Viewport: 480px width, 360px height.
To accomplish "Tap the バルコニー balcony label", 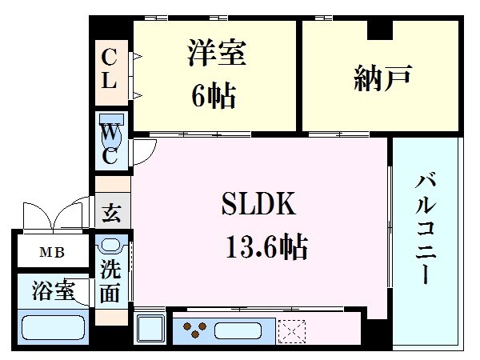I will pos(426,228).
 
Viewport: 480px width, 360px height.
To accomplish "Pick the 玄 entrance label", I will pos(112,214).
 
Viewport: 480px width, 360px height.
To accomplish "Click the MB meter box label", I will pos(53,254).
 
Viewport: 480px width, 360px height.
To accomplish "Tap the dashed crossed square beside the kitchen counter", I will pos(291,329).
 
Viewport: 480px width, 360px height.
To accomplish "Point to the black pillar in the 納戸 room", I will pos(380,30).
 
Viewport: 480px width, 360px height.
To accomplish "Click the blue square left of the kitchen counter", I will pos(150,329).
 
